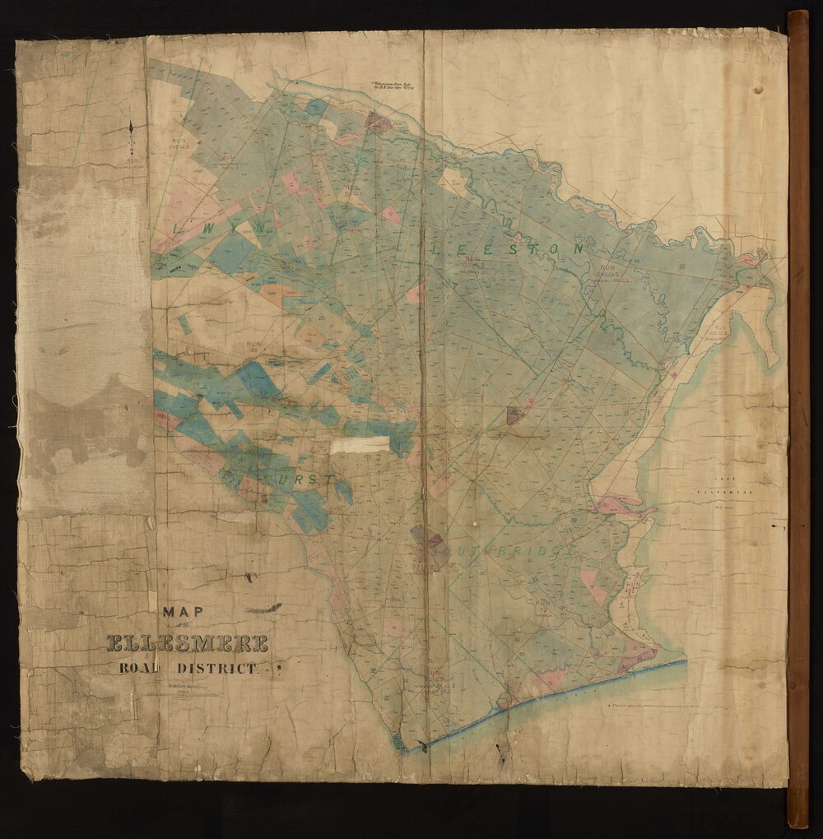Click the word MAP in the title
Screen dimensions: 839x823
tap(183, 612)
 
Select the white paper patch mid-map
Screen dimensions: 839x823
tap(360, 445)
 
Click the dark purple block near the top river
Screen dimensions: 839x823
tap(377, 123)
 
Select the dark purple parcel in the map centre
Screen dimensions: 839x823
tap(515, 415)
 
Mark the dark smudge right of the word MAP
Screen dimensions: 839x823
tap(265, 610)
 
